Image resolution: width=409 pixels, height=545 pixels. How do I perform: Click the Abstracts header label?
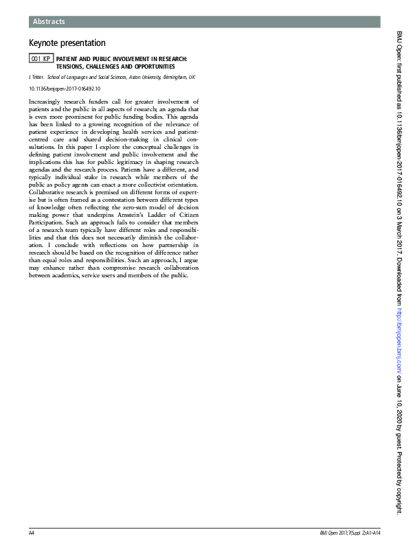click(x=49, y=22)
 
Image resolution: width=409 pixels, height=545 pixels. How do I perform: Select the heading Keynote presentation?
click(x=67, y=43)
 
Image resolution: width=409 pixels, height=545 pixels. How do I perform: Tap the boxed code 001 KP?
click(x=41, y=60)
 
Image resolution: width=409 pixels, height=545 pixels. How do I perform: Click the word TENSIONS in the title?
click(x=71, y=67)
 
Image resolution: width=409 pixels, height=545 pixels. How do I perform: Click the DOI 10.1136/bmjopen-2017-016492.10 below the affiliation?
click(x=64, y=89)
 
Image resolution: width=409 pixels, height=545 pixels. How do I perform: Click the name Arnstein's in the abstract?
click(x=135, y=217)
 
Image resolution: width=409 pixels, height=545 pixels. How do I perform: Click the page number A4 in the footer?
click(x=32, y=533)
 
